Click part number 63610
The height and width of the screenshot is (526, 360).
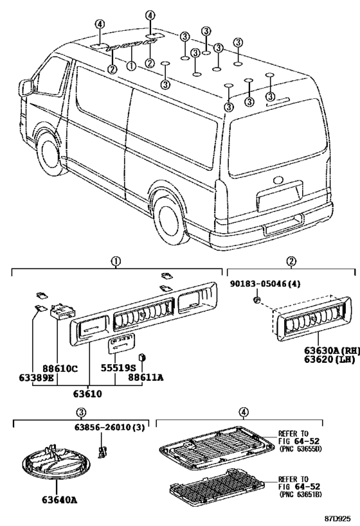point(87,393)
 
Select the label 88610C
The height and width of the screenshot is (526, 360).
point(60,369)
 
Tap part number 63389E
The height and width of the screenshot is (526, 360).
point(36,378)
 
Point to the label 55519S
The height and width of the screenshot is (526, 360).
point(116,368)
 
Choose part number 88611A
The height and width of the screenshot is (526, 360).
point(146,378)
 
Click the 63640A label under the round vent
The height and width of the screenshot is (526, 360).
point(60,500)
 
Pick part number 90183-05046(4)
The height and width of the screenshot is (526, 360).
point(265,284)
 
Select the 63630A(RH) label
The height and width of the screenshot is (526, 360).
point(332,351)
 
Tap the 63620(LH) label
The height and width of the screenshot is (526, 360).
point(329,360)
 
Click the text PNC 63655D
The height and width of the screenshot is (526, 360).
point(300,449)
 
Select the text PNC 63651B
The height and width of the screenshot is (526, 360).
point(300,494)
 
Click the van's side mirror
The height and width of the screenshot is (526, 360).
point(26,87)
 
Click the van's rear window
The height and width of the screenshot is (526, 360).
point(278,138)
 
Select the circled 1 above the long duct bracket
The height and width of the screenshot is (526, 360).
point(116,261)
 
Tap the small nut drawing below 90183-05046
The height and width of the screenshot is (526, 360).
point(256,299)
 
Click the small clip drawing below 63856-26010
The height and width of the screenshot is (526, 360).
point(102,452)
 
